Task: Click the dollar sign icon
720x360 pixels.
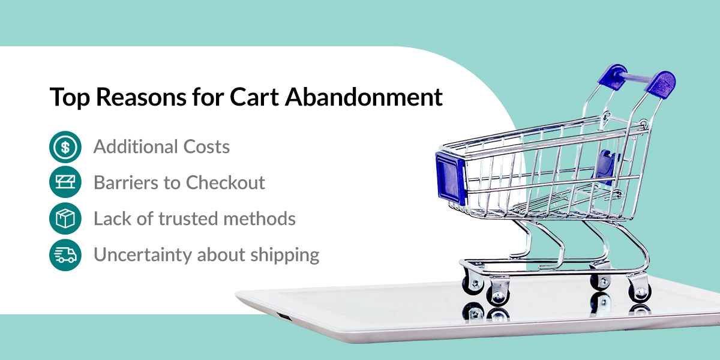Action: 65,147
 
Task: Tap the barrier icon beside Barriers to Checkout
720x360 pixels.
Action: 65,183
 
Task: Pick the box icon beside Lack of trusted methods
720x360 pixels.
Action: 65,219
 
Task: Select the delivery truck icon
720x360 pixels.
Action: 65,255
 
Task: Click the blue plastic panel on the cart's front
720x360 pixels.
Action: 451,175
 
